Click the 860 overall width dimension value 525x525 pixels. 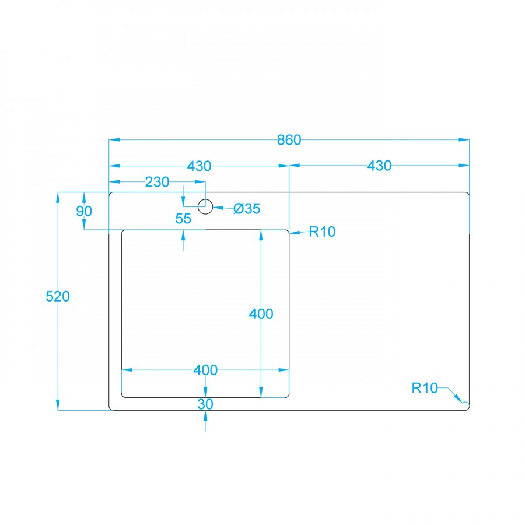[x=289, y=140]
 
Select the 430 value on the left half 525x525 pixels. [x=199, y=166]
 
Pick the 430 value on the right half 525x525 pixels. [x=379, y=166]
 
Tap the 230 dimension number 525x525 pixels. [x=157, y=182]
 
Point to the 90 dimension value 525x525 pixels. [x=84, y=211]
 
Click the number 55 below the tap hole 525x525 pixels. [x=183, y=219]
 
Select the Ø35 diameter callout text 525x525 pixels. [x=247, y=208]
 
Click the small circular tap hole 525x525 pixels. [x=205, y=206]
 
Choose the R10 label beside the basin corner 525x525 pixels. [x=322, y=232]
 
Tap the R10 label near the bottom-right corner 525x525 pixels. [x=425, y=388]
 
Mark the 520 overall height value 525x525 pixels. [x=58, y=296]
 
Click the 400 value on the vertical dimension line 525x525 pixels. [x=261, y=314]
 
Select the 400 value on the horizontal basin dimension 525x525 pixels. [x=205, y=370]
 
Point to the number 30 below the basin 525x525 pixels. [x=205, y=404]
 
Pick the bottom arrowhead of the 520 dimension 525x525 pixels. [x=58, y=405]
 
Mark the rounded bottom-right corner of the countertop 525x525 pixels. [x=467, y=408]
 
